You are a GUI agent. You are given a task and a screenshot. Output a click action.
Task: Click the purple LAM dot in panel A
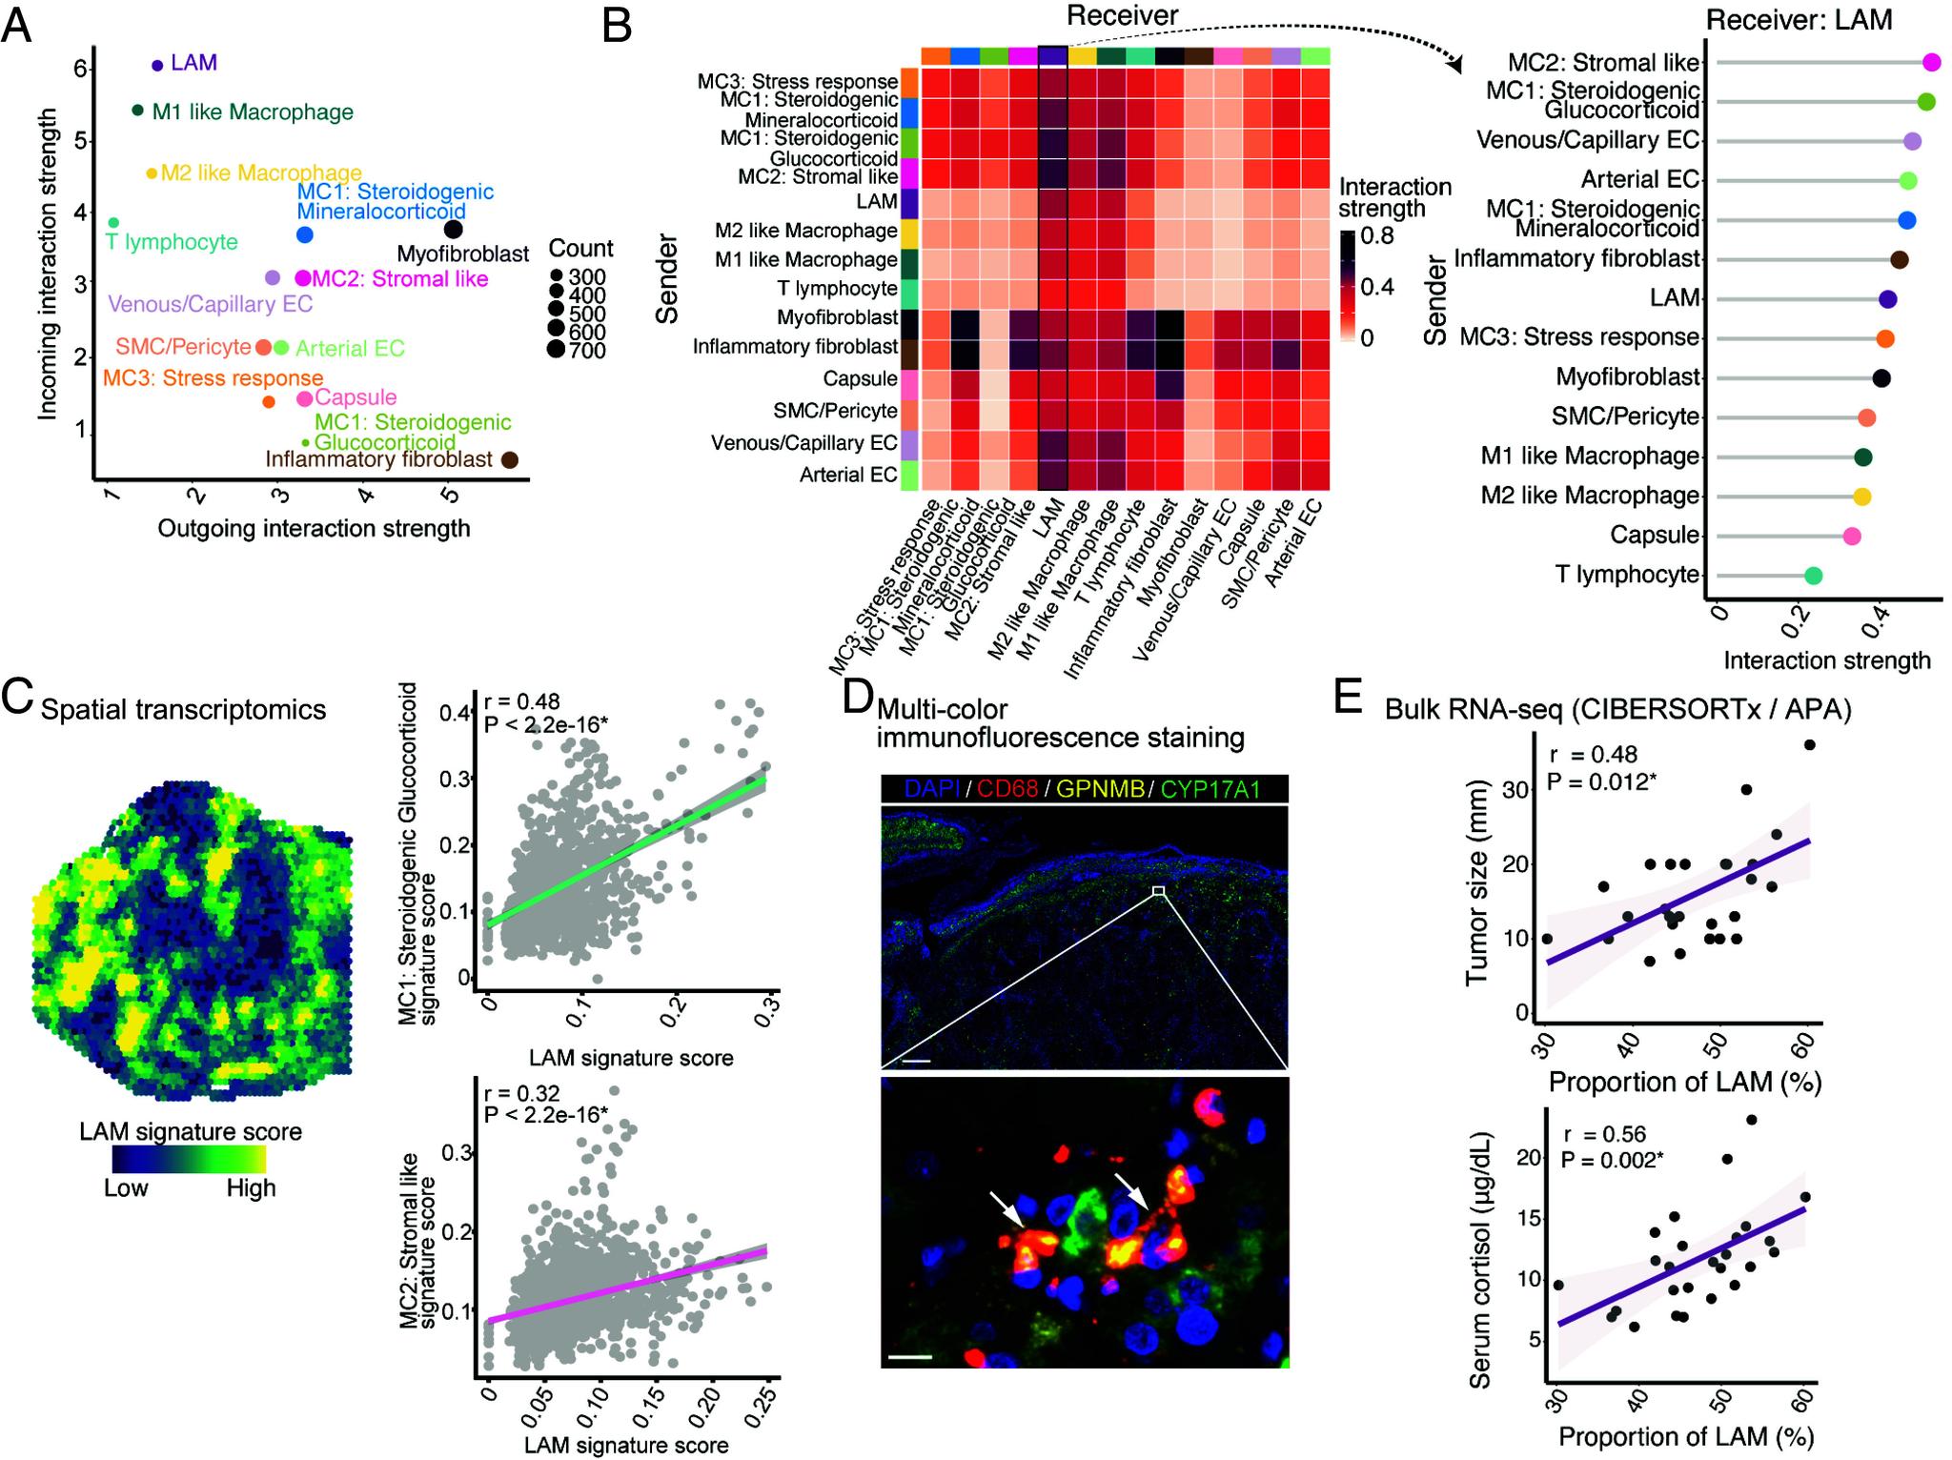click(x=157, y=65)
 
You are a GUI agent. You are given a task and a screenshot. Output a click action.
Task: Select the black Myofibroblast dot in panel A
click(x=453, y=230)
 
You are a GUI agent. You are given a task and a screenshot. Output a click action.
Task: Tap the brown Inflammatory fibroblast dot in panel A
click(x=510, y=460)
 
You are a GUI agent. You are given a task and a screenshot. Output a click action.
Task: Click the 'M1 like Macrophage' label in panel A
click(x=253, y=112)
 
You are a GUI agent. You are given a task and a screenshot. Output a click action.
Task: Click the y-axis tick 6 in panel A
click(x=80, y=69)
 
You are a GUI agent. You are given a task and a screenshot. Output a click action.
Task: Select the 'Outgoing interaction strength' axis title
click(x=314, y=528)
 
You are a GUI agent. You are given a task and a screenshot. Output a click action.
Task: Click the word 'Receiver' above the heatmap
click(x=1122, y=15)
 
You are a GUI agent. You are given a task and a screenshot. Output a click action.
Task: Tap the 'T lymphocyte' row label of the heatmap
click(x=838, y=288)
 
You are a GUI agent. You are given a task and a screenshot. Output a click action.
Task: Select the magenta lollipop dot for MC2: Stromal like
click(x=1932, y=63)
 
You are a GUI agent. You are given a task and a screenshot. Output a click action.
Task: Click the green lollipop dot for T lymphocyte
click(x=1813, y=576)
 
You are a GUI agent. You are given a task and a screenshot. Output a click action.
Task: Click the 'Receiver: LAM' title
click(x=1799, y=20)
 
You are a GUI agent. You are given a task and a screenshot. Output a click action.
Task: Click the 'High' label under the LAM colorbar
click(x=251, y=1188)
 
